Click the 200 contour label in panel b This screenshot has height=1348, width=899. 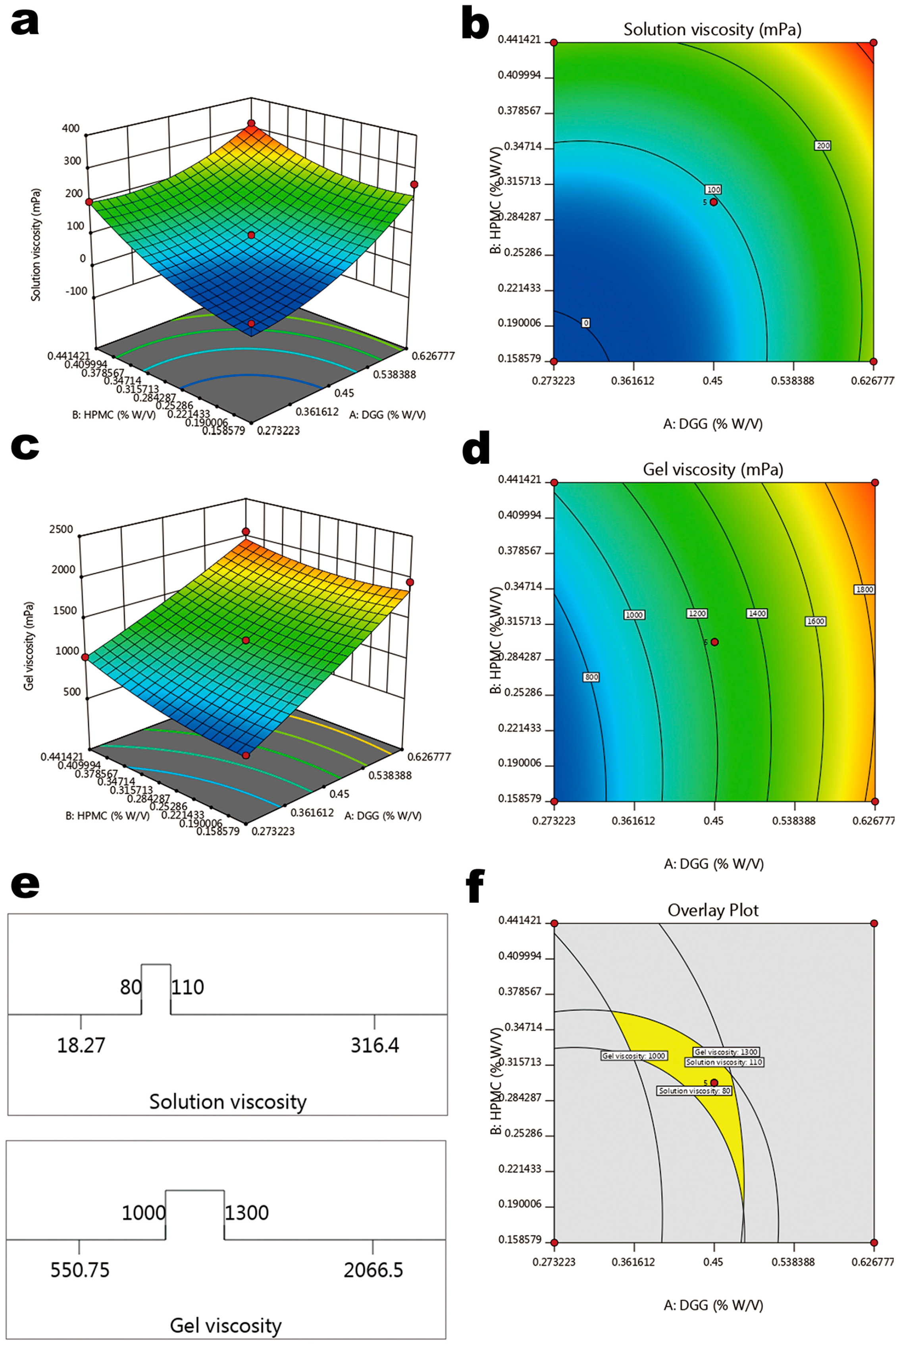[823, 146]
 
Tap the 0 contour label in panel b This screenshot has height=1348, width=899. [585, 323]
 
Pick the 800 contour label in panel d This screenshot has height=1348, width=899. [591, 677]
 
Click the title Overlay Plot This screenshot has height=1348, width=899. [713, 910]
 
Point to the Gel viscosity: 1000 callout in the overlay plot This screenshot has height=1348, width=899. [633, 1056]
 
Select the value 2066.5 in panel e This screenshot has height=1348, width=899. [373, 1270]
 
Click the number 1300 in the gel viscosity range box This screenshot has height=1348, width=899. [246, 1213]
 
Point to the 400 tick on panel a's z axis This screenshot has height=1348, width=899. [71, 128]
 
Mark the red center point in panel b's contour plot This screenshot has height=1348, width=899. [714, 202]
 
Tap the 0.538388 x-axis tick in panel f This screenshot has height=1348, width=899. [793, 1261]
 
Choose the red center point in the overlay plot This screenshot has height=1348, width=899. [714, 1082]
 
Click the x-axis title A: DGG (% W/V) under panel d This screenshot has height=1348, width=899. [713, 864]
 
